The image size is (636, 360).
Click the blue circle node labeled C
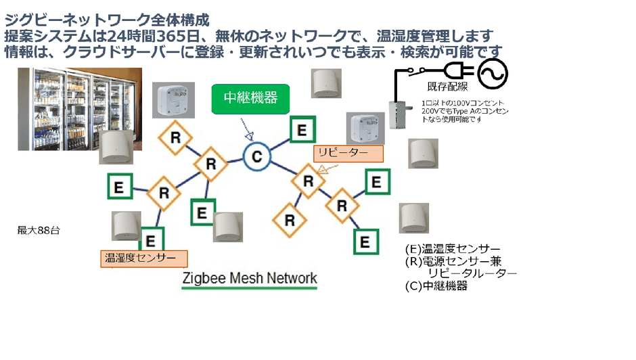[257, 157]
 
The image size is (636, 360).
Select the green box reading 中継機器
[250, 98]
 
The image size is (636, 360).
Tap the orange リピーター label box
[349, 154]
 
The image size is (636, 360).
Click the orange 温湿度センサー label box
[143, 258]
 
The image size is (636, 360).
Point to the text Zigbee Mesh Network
[249, 278]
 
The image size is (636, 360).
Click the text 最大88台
[39, 231]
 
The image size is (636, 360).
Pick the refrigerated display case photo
[80, 108]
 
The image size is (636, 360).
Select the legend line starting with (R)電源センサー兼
[453, 261]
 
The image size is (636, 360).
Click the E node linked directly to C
[301, 130]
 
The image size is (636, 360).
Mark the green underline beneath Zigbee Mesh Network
[249, 288]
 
